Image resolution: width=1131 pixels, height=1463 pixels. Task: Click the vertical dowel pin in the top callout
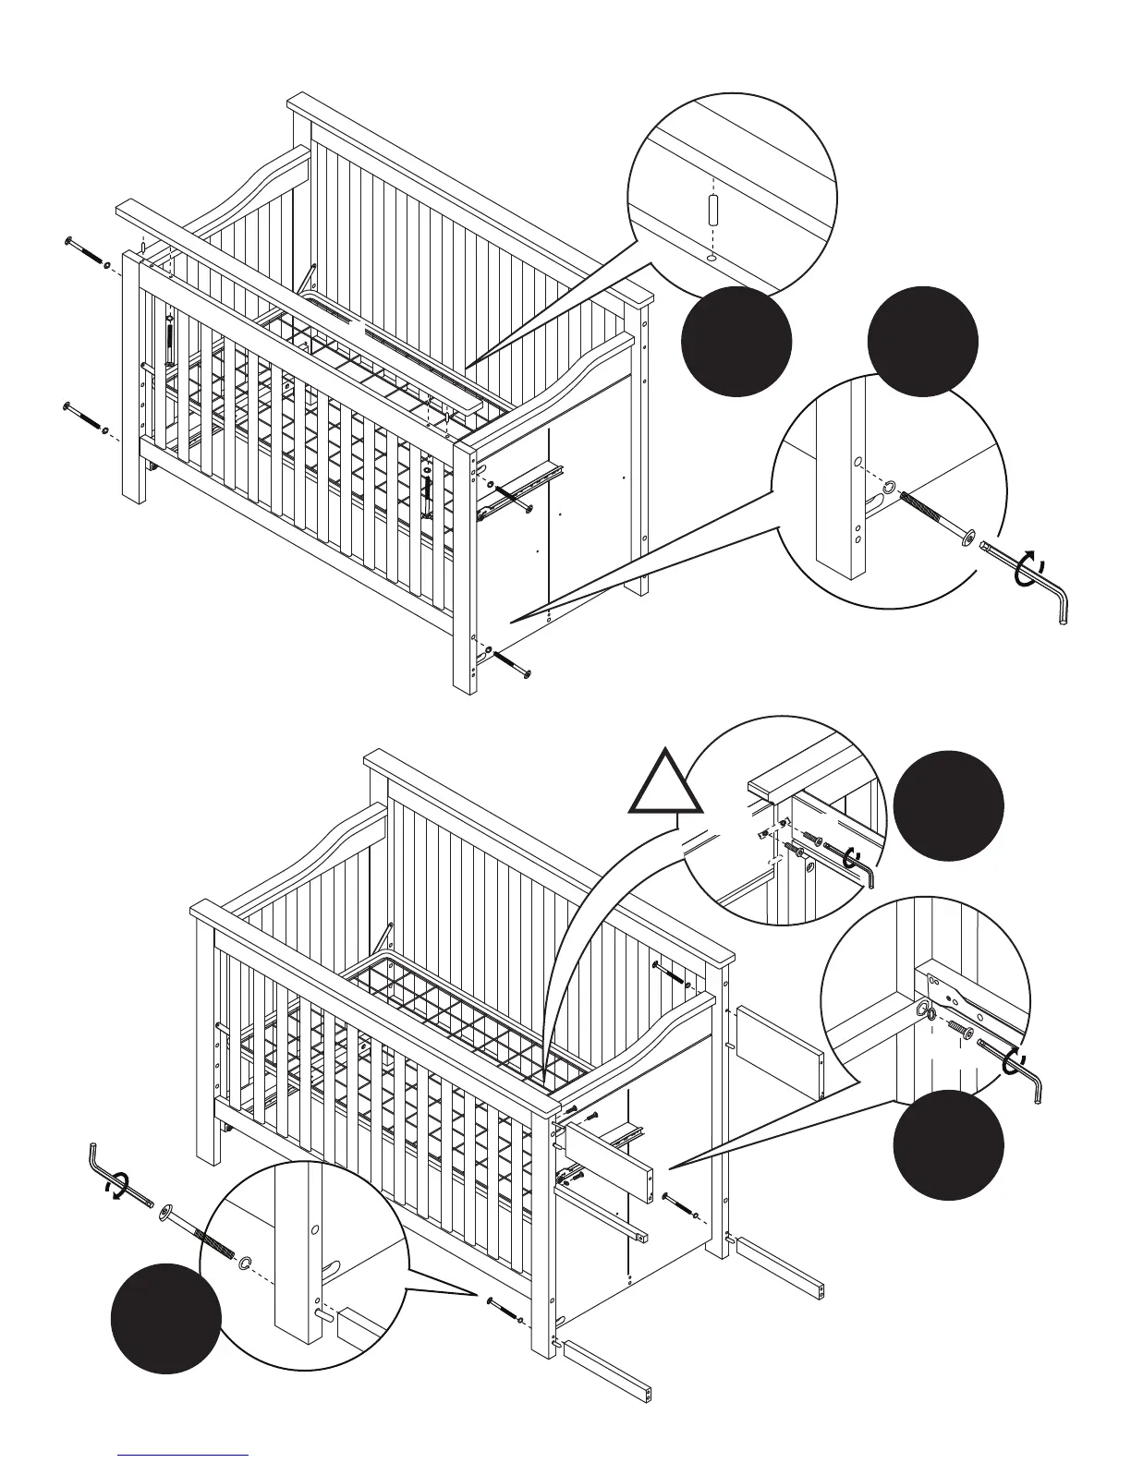[x=712, y=209]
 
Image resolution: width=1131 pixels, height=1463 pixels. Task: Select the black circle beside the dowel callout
[x=736, y=342]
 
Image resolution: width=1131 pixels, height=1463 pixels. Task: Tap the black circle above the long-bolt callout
[x=922, y=341]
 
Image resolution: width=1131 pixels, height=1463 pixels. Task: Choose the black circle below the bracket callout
[x=948, y=1144]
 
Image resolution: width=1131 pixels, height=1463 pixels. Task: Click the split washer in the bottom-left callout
[x=247, y=1262]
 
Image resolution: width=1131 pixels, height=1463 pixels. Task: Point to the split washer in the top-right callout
[x=889, y=486]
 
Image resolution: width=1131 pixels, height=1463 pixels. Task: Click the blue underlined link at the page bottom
[x=183, y=1455]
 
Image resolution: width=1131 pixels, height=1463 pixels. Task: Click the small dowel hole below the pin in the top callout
[x=711, y=258]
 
